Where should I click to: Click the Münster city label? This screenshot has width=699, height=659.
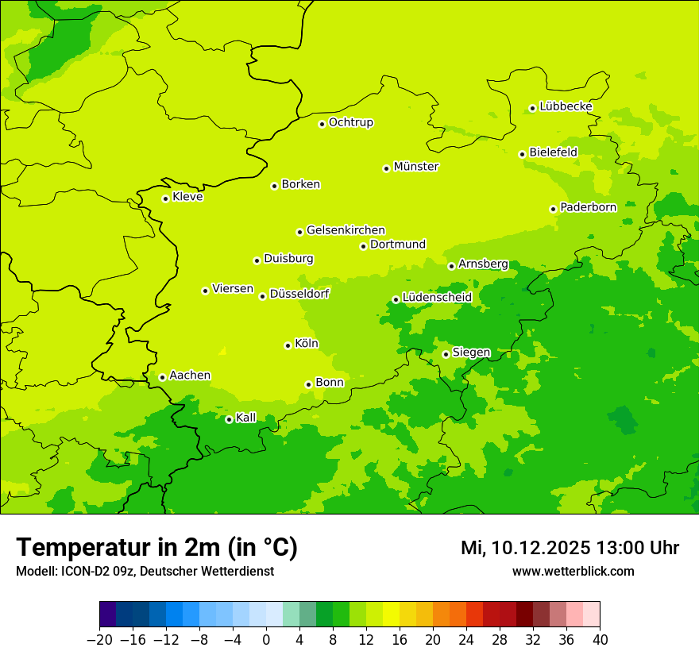(x=416, y=167)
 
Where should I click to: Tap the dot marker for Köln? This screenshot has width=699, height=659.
(x=288, y=345)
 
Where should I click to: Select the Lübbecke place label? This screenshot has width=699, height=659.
(x=566, y=106)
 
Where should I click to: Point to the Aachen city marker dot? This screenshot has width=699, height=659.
(x=162, y=377)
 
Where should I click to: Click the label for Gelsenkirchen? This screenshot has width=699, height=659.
(x=346, y=230)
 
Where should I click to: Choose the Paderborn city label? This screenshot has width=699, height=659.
(x=588, y=207)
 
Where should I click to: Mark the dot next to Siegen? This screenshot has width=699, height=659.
(x=446, y=354)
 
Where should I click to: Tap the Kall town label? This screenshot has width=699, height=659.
(x=246, y=418)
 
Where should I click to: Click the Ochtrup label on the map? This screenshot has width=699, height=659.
(x=350, y=122)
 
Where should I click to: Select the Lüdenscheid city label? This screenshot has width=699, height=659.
(x=437, y=298)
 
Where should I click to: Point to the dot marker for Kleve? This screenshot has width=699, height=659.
(x=165, y=198)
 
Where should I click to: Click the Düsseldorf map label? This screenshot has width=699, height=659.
(x=299, y=294)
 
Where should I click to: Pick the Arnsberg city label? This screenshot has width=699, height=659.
(x=483, y=264)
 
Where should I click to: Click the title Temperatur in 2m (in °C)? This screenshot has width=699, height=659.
(x=156, y=547)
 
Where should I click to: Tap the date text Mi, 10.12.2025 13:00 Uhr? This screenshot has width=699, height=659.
(x=570, y=548)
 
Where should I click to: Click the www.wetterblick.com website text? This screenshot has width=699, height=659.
(x=573, y=571)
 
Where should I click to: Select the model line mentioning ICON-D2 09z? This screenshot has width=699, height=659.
(x=145, y=571)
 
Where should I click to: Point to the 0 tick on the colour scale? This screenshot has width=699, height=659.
(x=266, y=640)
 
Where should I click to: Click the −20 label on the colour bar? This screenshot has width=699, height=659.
(x=99, y=640)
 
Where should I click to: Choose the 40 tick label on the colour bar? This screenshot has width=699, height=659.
(x=600, y=640)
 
